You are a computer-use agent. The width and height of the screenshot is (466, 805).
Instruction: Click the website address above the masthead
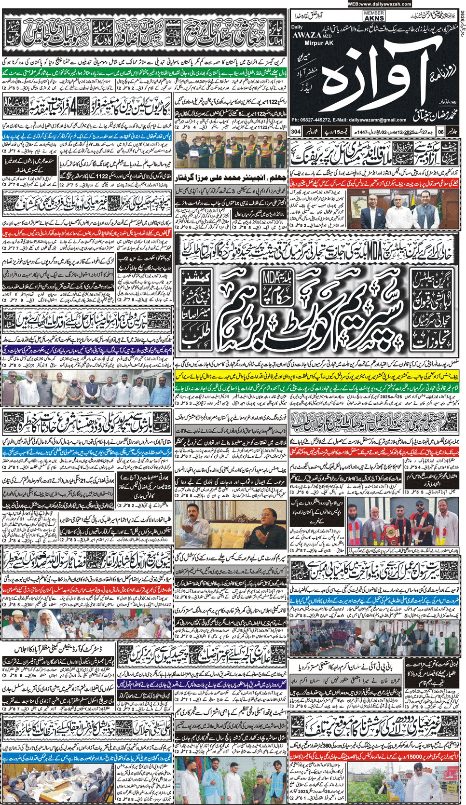(379, 4)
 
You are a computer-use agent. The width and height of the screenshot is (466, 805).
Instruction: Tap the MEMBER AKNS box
(374, 16)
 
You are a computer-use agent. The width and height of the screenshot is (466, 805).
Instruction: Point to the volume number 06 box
(440, 131)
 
